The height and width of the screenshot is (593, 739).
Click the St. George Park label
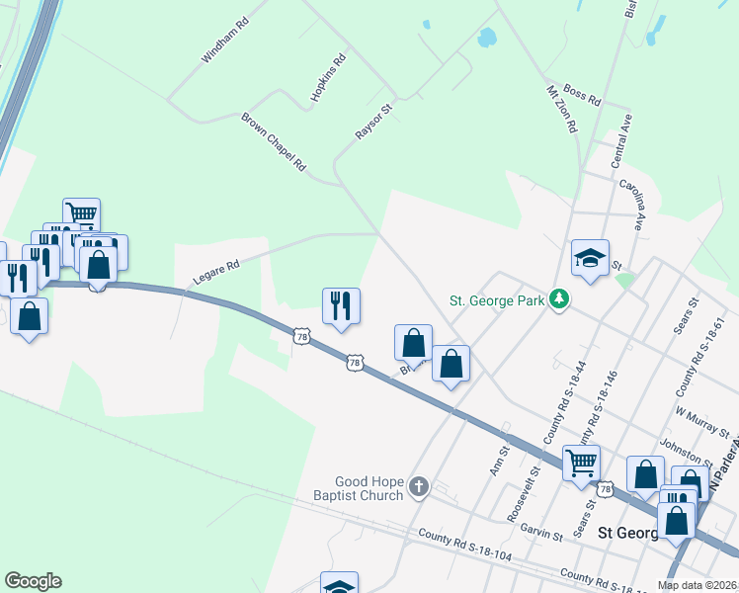(497, 299)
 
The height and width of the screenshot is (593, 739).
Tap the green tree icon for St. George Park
(559, 298)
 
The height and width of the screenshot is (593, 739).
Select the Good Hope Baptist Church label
(369, 488)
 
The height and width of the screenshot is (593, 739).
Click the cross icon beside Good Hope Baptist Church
(419, 486)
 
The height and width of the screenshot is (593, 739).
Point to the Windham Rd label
(222, 41)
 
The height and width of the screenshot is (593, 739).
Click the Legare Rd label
(216, 272)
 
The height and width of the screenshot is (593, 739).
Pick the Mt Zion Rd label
(561, 109)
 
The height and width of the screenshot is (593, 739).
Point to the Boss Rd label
(582, 96)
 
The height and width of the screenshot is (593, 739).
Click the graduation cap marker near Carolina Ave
(590, 258)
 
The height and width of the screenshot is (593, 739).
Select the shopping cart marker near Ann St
(581, 462)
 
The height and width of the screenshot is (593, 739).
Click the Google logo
(33, 581)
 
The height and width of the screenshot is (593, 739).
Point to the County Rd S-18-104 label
(464, 547)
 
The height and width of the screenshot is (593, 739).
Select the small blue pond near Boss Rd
(486, 39)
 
